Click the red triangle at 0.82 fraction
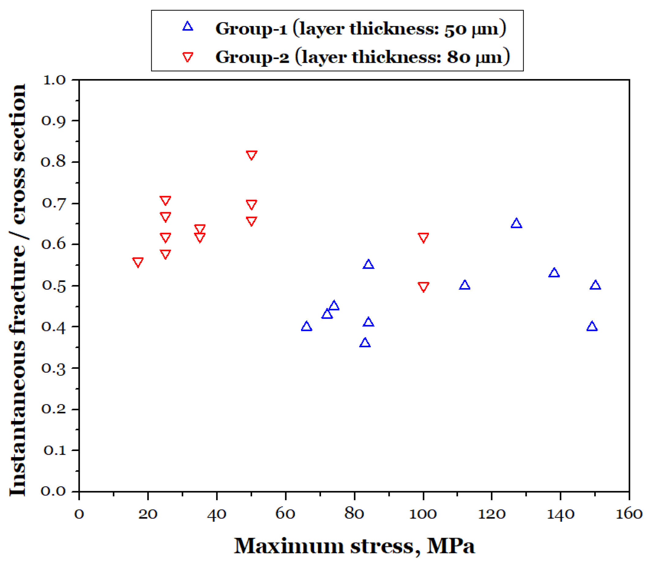(x=251, y=155)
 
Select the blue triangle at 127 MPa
(x=516, y=224)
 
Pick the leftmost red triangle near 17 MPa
(x=138, y=262)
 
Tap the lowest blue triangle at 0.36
(x=365, y=343)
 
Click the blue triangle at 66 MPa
(x=306, y=326)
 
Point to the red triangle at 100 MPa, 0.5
(x=423, y=287)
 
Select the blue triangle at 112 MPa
(x=464, y=285)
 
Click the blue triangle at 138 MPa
(x=554, y=273)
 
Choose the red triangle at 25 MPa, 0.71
(x=165, y=201)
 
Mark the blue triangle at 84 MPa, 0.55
(x=368, y=264)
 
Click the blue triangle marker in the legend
(x=188, y=26)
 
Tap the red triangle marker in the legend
(x=188, y=57)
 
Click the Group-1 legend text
(x=360, y=29)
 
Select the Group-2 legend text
(x=362, y=57)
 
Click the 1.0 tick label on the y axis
(x=54, y=80)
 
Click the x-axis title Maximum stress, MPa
(x=354, y=546)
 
